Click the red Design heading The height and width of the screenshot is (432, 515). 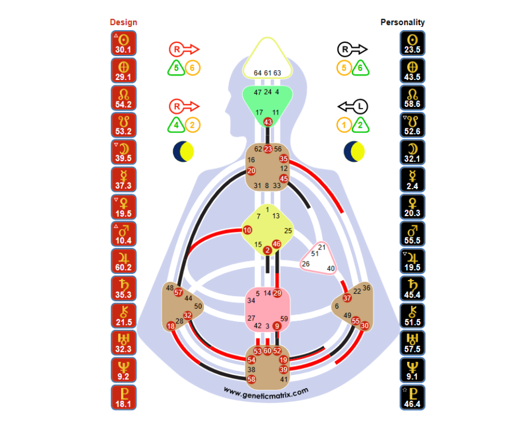click(123, 22)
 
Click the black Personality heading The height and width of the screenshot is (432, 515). click(402, 22)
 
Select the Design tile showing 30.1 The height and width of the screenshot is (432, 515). click(123, 43)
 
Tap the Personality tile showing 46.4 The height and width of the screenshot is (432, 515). click(413, 397)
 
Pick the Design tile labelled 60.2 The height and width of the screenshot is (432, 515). click(123, 261)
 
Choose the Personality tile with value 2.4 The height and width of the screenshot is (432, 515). click(413, 180)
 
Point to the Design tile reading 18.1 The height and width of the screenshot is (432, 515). click(123, 397)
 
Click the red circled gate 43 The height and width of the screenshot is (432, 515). click(268, 122)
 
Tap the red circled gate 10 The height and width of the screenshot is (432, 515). click(247, 230)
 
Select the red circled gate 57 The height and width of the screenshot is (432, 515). click(178, 292)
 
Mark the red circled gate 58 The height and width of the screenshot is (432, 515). click(251, 379)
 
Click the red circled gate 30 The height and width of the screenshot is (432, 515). click(365, 325)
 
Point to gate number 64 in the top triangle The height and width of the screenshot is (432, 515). click(258, 73)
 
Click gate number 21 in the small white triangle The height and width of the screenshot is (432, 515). click(322, 247)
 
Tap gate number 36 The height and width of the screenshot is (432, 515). click(367, 288)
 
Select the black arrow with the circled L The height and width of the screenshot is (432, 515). click(353, 106)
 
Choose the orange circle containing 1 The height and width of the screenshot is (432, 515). click(344, 125)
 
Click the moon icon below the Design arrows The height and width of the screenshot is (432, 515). click(184, 152)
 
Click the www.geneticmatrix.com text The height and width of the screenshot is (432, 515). click(266, 391)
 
